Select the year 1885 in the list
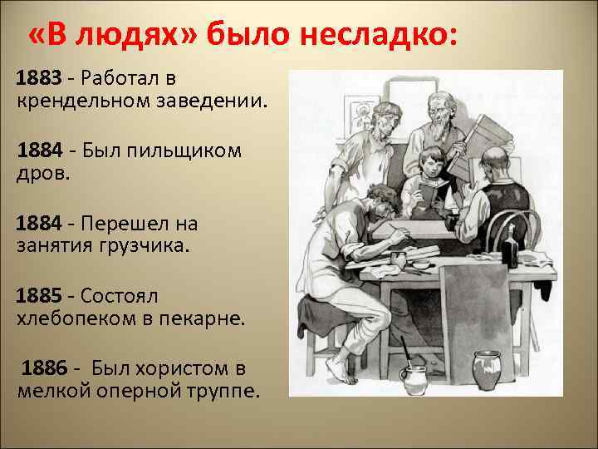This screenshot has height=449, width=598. (39, 296)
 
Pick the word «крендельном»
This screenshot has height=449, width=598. (83, 101)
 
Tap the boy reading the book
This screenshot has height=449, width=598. (430, 170)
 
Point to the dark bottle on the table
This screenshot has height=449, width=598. (509, 248)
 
